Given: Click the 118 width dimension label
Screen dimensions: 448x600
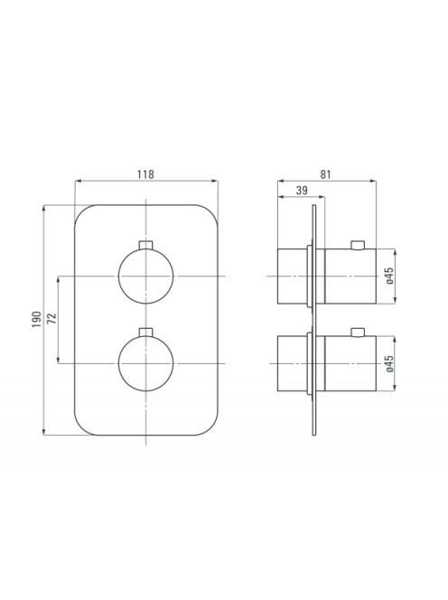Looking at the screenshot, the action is click(x=145, y=174).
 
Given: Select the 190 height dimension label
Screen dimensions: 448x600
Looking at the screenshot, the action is click(x=36, y=319).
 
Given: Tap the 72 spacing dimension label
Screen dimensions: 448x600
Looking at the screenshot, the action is click(x=51, y=318).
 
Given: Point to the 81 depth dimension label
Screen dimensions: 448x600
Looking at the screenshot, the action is click(x=325, y=174).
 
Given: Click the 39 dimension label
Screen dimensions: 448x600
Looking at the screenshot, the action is click(x=302, y=190).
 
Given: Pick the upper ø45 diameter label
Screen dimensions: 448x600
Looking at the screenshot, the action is click(x=389, y=276).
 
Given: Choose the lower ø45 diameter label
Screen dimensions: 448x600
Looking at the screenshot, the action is click(x=389, y=363).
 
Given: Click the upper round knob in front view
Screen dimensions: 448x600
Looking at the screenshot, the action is click(x=145, y=276).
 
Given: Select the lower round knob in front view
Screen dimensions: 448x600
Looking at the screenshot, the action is click(x=145, y=363).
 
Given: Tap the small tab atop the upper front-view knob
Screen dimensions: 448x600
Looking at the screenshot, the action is click(x=145, y=245).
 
